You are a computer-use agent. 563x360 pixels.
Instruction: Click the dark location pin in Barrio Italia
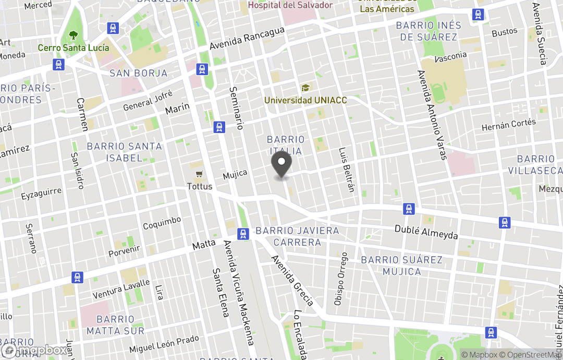[282, 163]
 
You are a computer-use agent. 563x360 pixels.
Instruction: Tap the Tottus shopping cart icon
[199, 174]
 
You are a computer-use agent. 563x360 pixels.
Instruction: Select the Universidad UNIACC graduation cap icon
[305, 88]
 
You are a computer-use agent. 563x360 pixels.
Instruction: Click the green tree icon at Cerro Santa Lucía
[74, 36]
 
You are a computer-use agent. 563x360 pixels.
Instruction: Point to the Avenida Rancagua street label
[247, 38]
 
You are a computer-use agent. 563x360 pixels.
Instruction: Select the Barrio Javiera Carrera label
[297, 236]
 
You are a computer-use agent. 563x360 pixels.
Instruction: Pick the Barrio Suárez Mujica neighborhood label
[402, 266]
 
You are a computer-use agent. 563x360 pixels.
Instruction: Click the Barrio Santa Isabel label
[125, 152]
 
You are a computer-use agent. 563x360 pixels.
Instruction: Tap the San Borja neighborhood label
[139, 73]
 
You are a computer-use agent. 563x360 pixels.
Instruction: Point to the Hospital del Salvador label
[290, 5]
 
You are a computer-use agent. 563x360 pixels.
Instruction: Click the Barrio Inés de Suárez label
[429, 31]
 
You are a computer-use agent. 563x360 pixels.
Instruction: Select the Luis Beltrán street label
[347, 170]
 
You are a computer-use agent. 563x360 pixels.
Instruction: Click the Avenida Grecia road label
[292, 280]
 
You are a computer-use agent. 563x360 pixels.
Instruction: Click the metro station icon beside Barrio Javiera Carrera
[243, 234]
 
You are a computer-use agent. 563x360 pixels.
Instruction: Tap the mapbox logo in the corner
[34, 350]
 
